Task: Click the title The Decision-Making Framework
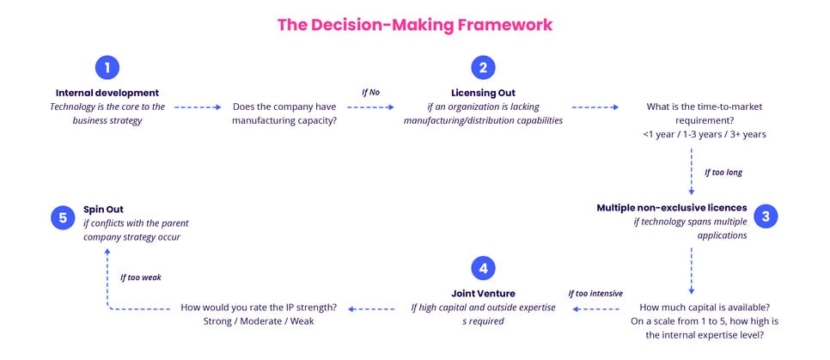(415, 25)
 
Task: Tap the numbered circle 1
(107, 69)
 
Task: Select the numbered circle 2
(484, 69)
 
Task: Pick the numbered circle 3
(765, 217)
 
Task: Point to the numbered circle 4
(484, 269)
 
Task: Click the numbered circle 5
(63, 217)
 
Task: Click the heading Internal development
(107, 93)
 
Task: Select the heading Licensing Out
(484, 93)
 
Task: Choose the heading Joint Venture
(484, 293)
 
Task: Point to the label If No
(369, 92)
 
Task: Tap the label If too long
(723, 172)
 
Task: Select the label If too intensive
(595, 293)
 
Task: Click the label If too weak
(140, 278)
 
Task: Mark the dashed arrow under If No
(369, 107)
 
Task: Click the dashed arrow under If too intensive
(595, 308)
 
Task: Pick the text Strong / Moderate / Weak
(258, 321)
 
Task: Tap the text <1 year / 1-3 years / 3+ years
(704, 134)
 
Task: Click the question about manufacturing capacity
(284, 113)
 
